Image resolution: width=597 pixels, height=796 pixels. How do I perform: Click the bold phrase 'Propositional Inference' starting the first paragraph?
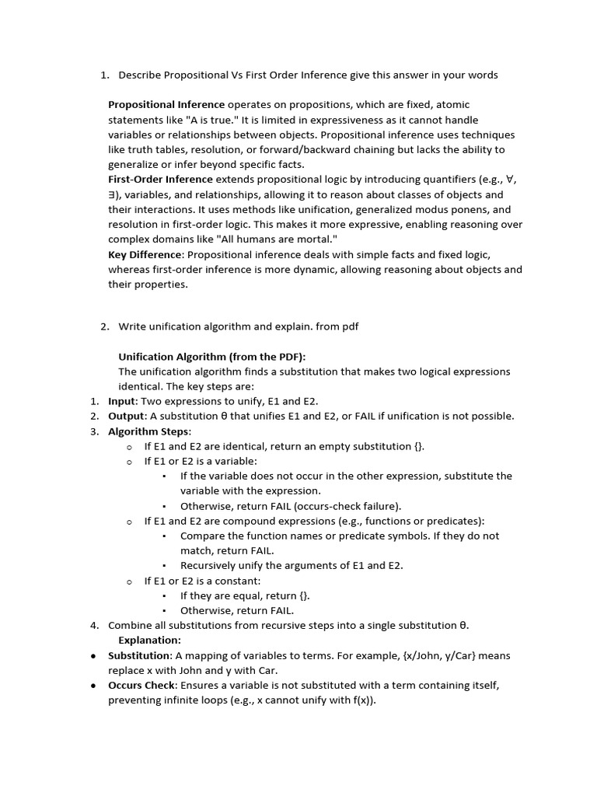(x=166, y=105)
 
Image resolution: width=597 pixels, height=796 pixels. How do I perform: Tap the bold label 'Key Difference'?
(x=145, y=254)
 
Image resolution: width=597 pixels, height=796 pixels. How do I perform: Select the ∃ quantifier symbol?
(x=112, y=195)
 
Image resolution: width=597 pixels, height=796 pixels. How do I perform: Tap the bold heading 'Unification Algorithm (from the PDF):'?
(x=212, y=357)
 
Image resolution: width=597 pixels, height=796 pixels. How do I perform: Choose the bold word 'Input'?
(x=122, y=401)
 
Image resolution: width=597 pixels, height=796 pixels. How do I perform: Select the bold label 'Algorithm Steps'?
(x=148, y=431)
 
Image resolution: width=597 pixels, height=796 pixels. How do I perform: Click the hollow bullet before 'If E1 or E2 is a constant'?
(x=129, y=581)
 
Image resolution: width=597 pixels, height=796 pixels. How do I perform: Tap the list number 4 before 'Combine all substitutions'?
(x=93, y=626)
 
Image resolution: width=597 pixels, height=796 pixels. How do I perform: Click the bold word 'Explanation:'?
(x=149, y=641)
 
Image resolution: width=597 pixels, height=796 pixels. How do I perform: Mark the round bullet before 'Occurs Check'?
(x=93, y=686)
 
